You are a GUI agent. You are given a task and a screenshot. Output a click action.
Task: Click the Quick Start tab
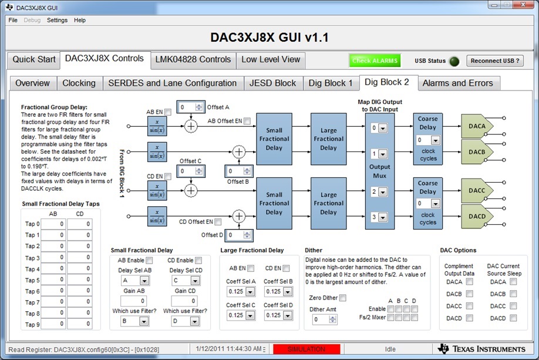(x=33, y=60)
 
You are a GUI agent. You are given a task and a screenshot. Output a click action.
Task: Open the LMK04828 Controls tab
(x=193, y=60)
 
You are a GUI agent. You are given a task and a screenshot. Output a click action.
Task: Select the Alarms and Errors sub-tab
(x=457, y=83)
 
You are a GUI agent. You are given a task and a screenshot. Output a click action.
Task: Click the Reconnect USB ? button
(x=494, y=61)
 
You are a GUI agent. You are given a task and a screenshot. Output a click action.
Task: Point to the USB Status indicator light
(x=454, y=61)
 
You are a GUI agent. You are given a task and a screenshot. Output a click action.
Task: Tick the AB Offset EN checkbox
(x=247, y=121)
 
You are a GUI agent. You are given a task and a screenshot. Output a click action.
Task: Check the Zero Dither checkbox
(x=343, y=298)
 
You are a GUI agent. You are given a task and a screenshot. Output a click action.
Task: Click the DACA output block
(x=477, y=126)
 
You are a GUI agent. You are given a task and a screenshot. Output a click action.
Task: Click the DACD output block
(x=477, y=216)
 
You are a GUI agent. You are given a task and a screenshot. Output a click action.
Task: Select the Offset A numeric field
(x=190, y=107)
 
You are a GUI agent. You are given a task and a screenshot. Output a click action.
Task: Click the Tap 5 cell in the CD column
(x=80, y=280)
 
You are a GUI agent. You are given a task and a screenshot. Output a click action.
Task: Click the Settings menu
(x=57, y=21)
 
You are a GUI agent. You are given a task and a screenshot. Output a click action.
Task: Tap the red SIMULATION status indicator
(x=306, y=349)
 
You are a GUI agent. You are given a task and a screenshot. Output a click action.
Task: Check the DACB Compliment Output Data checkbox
(x=469, y=294)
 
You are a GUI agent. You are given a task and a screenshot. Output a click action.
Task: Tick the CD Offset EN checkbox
(x=218, y=222)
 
